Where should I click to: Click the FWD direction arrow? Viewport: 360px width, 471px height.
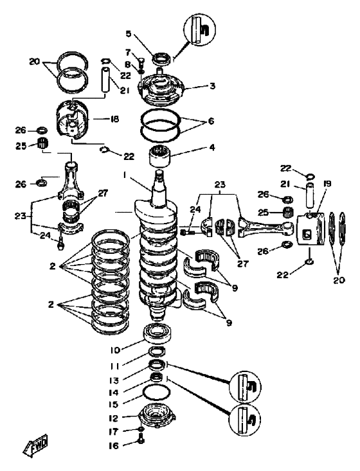pyautogui.click(x=35, y=445)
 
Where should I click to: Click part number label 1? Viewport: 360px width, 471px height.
pyautogui.click(x=124, y=174)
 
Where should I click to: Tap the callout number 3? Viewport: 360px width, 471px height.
pyautogui.click(x=212, y=86)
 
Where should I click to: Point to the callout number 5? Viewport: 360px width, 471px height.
pyautogui.click(x=129, y=33)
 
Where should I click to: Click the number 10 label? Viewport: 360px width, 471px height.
pyautogui.click(x=115, y=350)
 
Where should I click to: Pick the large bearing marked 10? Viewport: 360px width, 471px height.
pyautogui.click(x=158, y=333)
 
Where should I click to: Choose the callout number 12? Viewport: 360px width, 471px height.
pyautogui.click(x=113, y=418)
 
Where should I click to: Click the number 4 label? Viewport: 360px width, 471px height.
pyautogui.click(x=212, y=148)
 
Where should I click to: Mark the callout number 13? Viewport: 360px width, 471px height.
pyautogui.click(x=114, y=380)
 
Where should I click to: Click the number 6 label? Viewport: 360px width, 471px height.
pyautogui.click(x=211, y=121)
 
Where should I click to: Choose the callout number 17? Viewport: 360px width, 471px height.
pyautogui.click(x=114, y=432)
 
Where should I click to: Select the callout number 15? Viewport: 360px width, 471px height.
pyautogui.click(x=113, y=404)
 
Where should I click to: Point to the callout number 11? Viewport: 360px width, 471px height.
pyautogui.click(x=114, y=366)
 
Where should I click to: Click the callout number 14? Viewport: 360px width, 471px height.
pyautogui.click(x=114, y=393)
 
